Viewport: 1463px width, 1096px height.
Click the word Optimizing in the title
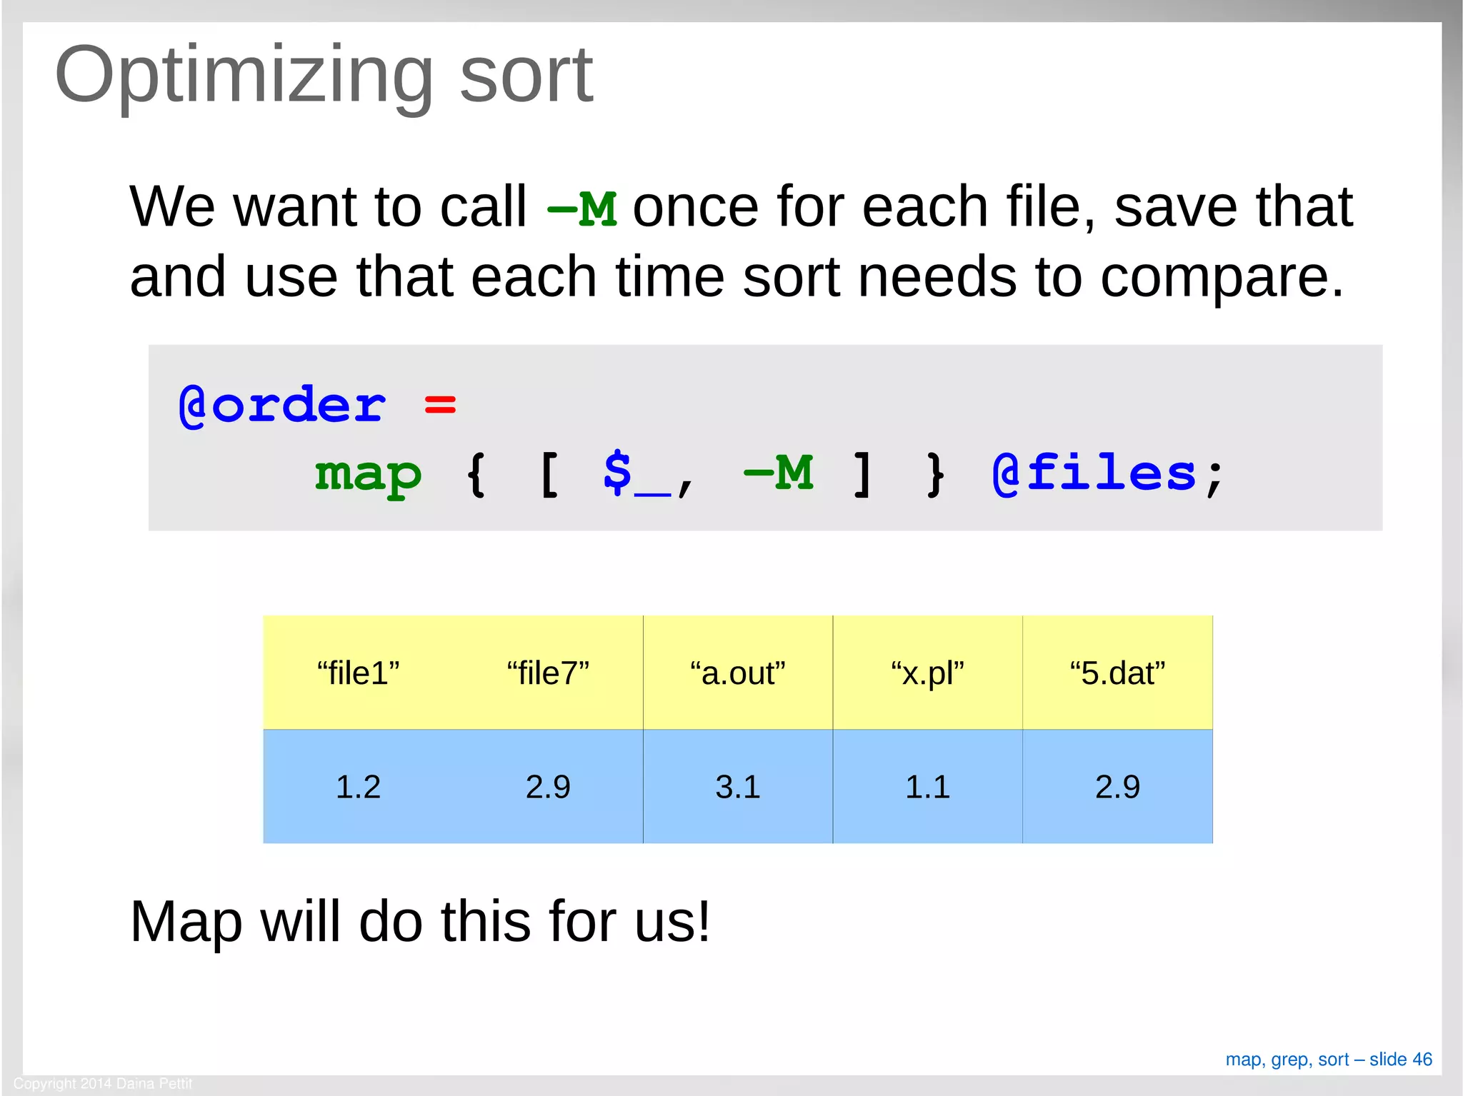click(243, 76)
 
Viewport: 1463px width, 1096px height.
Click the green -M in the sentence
click(581, 209)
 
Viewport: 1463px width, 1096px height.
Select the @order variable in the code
click(282, 405)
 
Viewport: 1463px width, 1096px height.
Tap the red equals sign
click(439, 405)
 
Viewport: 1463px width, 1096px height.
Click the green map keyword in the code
click(368, 474)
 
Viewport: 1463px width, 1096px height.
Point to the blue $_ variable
click(636, 474)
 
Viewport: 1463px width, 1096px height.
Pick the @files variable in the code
click(1094, 474)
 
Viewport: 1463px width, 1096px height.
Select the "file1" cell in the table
click(358, 673)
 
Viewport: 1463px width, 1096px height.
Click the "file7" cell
click(548, 673)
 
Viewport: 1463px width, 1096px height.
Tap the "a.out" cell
click(738, 673)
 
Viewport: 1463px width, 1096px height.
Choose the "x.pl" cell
click(927, 673)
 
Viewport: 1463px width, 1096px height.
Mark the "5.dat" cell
click(1117, 673)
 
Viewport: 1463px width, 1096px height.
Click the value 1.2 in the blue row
click(358, 787)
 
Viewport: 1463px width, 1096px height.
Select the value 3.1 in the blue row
click(738, 787)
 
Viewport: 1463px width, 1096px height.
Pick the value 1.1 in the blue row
click(927, 787)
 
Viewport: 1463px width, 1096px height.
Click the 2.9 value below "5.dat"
click(1117, 787)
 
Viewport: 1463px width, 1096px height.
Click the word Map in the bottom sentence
click(186, 922)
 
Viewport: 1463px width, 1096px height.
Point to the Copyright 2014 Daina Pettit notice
click(103, 1083)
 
